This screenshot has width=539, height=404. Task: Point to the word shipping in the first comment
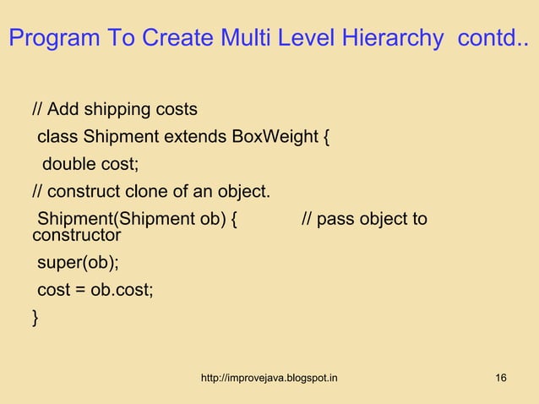tap(116, 110)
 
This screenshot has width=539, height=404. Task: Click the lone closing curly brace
tap(35, 318)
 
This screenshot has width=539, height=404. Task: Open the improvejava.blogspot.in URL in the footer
tap(269, 377)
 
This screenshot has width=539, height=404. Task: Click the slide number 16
tap(501, 377)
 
